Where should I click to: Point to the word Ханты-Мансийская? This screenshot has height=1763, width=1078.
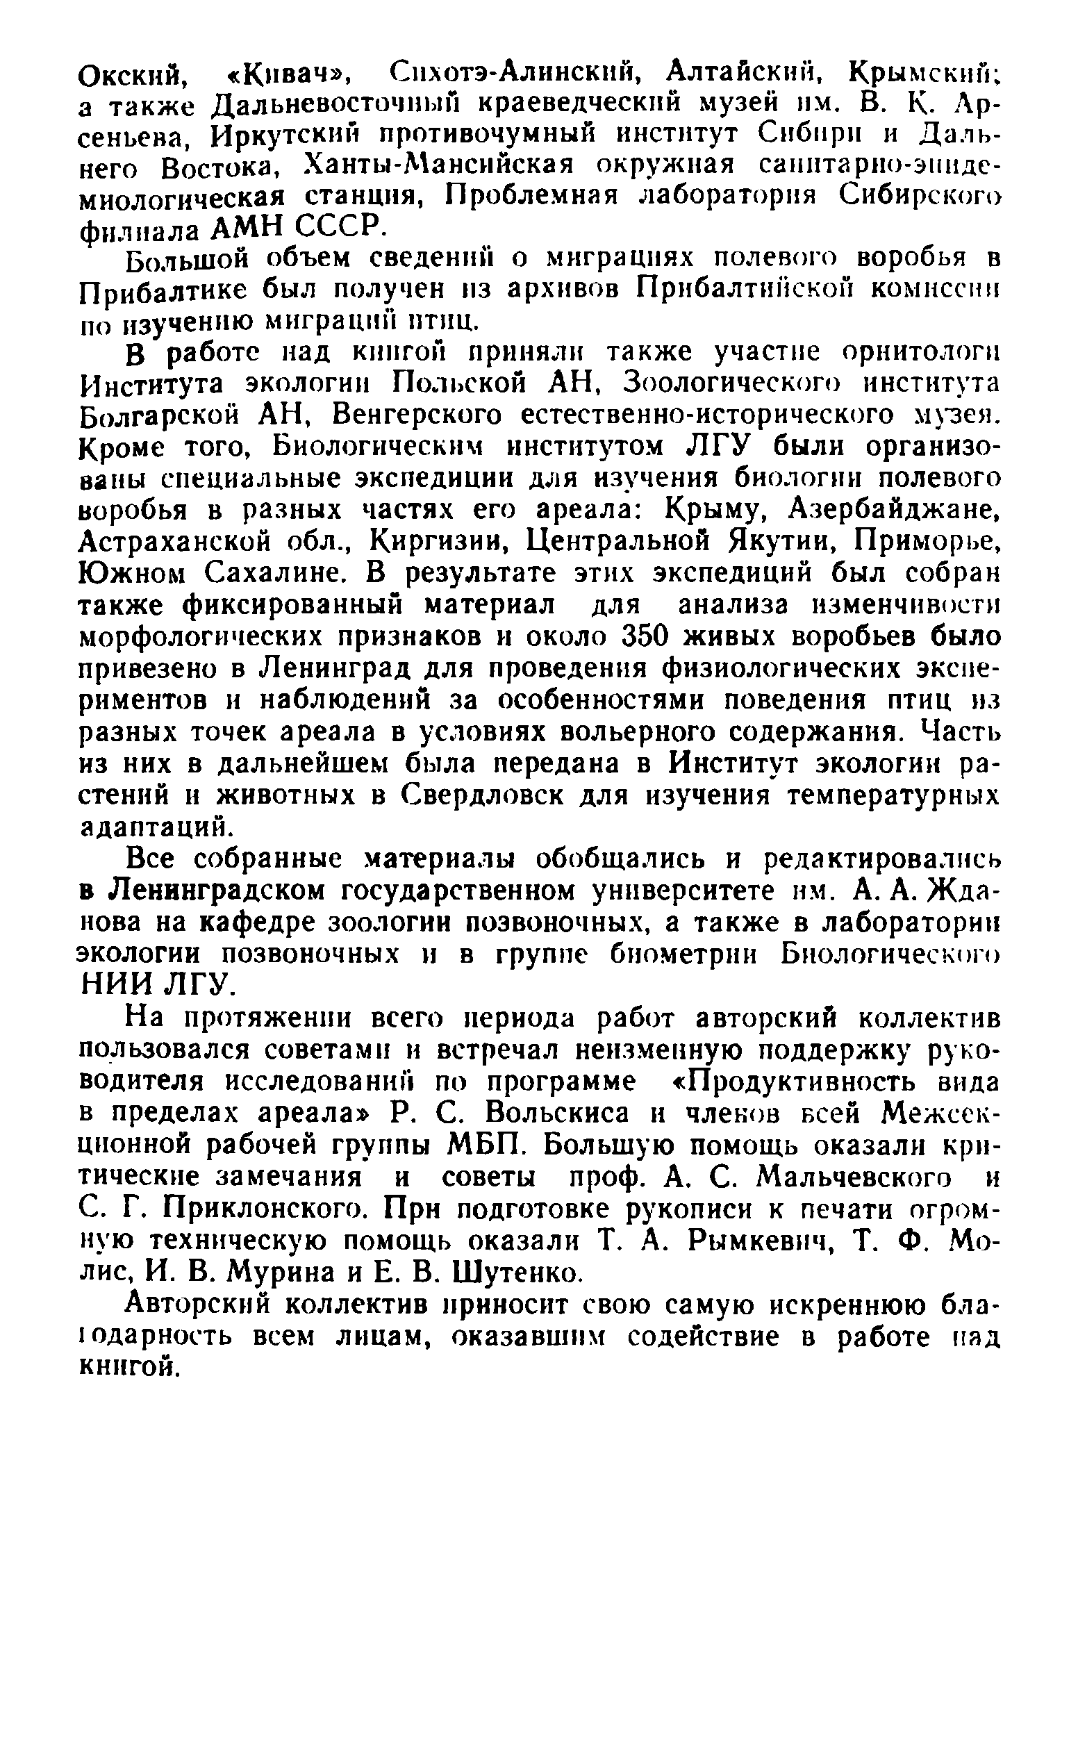tap(440, 167)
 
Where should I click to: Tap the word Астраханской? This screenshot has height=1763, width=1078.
tap(175, 542)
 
